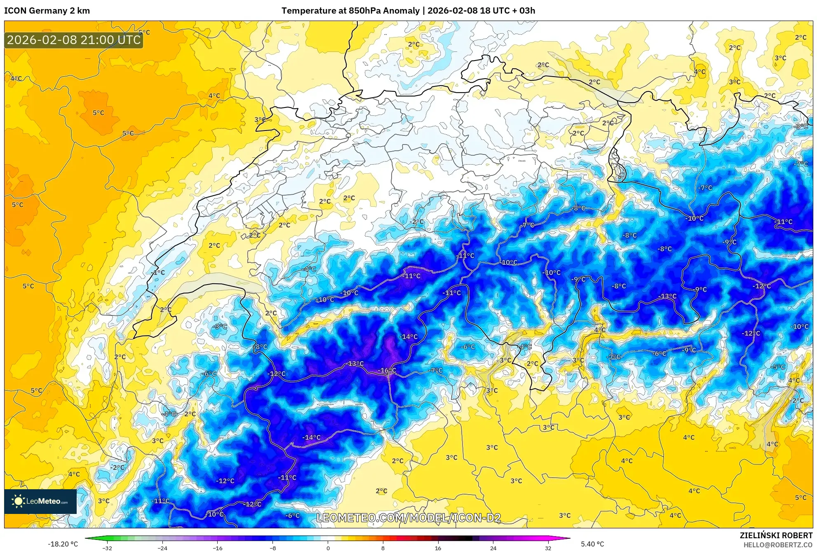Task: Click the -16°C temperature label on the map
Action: [387, 371]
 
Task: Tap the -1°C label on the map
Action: [158, 273]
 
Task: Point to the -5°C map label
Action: [778, 367]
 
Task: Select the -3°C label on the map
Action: [220, 327]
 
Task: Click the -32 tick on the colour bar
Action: [107, 548]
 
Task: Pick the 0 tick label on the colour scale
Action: [328, 548]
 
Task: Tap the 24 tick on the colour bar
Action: [493, 548]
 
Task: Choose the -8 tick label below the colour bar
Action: [272, 548]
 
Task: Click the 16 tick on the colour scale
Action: [438, 548]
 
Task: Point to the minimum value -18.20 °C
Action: [63, 544]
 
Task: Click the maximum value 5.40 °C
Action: [592, 544]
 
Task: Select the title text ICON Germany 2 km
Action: [47, 11]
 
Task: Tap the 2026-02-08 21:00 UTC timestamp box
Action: [74, 40]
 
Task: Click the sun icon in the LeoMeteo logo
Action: [18, 501]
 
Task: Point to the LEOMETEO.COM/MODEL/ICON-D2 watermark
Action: [408, 518]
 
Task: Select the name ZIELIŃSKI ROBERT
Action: [776, 535]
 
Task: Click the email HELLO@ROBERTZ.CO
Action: [778, 545]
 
